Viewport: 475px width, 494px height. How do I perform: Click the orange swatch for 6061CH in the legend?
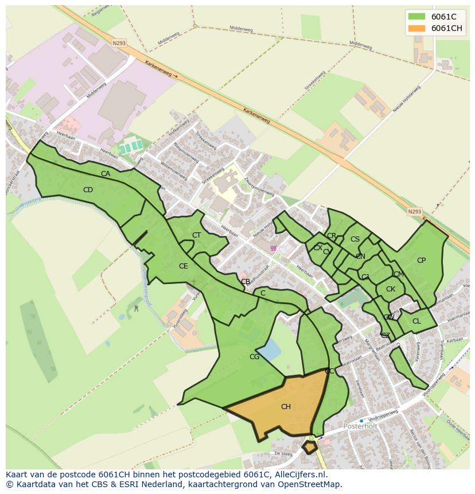tap(417, 28)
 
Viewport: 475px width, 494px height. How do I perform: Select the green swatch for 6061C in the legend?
tap(417, 17)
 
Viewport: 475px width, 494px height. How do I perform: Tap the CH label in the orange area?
tap(286, 407)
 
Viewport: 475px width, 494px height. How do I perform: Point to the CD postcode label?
tap(88, 190)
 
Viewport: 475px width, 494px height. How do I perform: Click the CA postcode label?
tap(106, 174)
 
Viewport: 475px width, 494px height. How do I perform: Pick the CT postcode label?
tap(196, 235)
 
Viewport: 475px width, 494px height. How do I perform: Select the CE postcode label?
tap(183, 266)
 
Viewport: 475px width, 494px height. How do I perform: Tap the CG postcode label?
tap(254, 357)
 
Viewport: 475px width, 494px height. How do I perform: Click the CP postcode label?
tap(421, 260)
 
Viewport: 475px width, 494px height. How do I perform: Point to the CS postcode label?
tap(355, 239)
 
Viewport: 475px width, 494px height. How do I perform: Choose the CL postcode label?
tap(416, 321)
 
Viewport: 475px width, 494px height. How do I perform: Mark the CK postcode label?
tap(390, 289)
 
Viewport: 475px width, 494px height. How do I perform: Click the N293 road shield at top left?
tap(119, 42)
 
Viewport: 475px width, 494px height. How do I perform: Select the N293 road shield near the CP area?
tap(414, 212)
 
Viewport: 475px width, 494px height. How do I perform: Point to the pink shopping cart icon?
tap(273, 248)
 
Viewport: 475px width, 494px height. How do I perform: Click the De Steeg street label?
tap(283, 453)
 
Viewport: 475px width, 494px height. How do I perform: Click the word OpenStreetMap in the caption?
tap(310, 484)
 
